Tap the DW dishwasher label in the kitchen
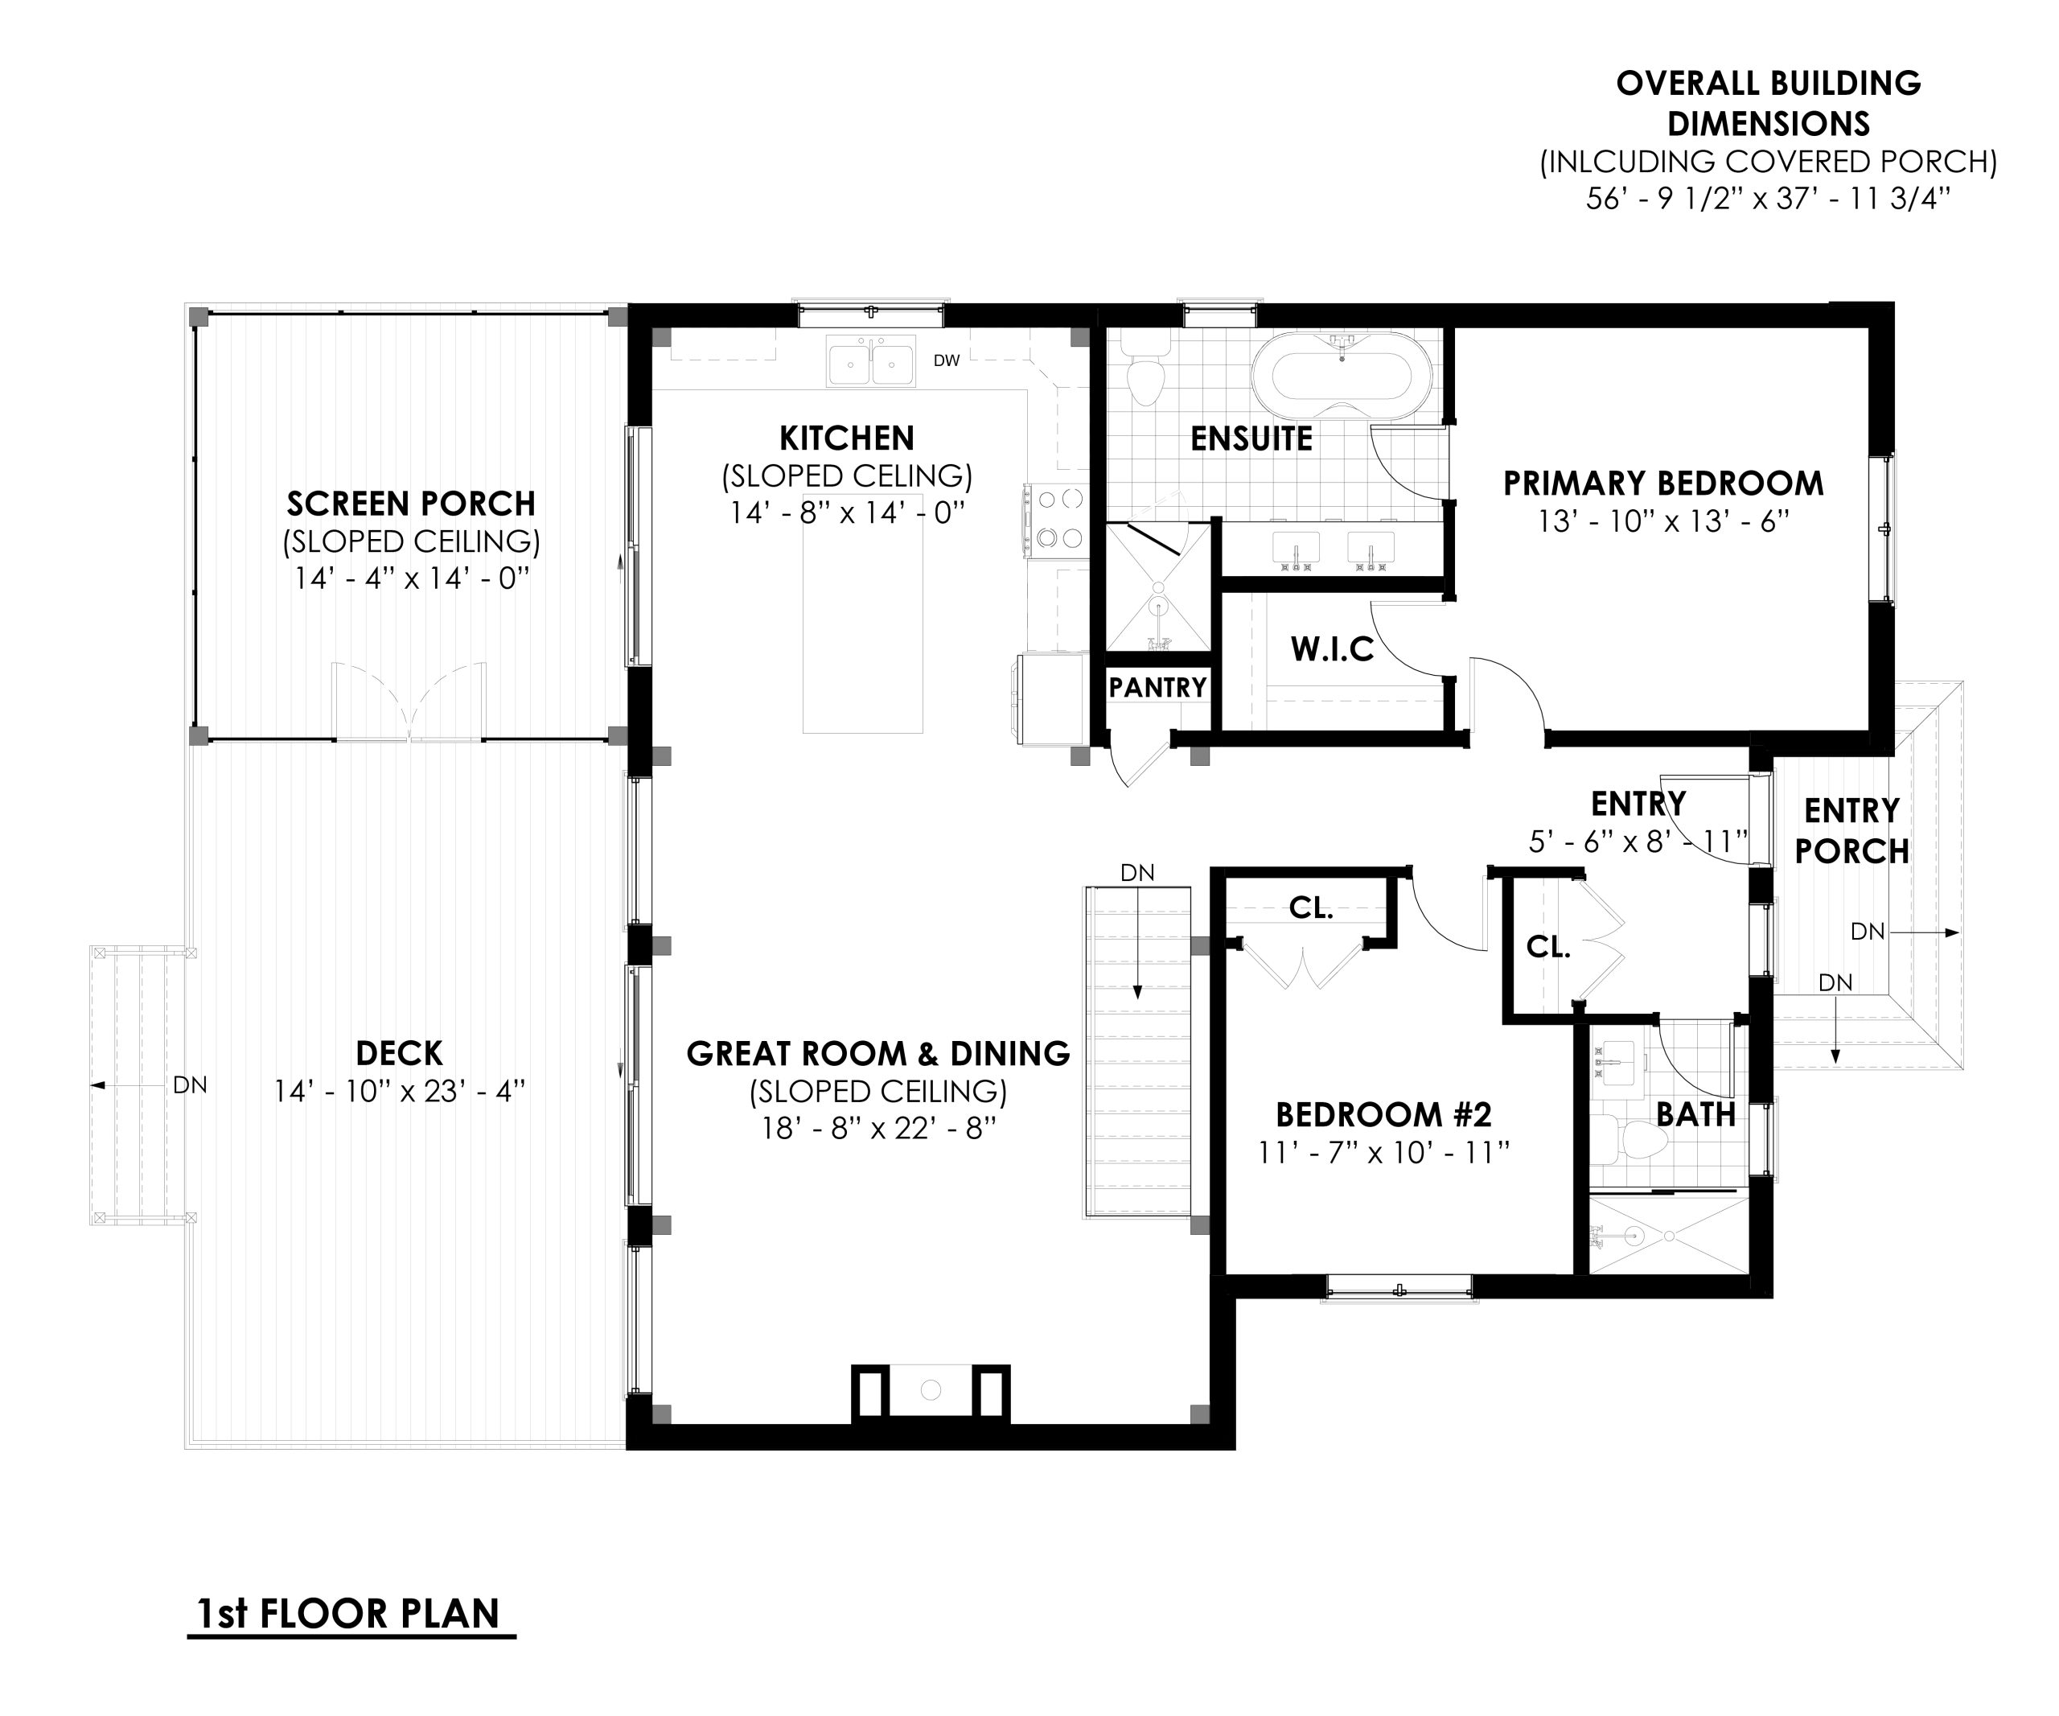click(x=946, y=361)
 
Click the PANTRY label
click(x=1157, y=687)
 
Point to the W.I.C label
click(x=1331, y=649)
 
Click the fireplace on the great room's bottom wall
click(x=931, y=1390)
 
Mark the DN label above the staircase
click(x=1137, y=873)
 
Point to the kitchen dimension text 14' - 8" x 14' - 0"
click(x=847, y=512)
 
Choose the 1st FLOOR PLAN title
click(x=350, y=1613)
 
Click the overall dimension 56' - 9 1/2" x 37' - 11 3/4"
click(x=1768, y=199)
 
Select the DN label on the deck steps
click(x=189, y=1085)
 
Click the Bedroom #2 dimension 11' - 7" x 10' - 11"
click(x=1383, y=1153)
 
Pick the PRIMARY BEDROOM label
click(x=1663, y=484)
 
